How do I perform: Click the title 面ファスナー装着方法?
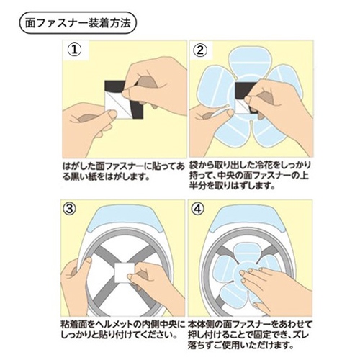coord(78,24)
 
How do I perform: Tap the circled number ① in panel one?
coord(74,50)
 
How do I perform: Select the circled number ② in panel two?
coord(200,50)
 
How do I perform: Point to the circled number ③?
coord(69,209)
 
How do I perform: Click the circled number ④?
coord(197,209)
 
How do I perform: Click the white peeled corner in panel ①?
coord(114,106)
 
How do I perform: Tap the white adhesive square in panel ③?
coord(125,272)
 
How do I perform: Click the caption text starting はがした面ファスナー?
coord(123,171)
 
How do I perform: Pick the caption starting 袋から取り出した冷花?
coord(250,176)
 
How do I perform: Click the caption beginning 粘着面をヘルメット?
coord(122,330)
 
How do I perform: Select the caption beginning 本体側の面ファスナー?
coord(250,335)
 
